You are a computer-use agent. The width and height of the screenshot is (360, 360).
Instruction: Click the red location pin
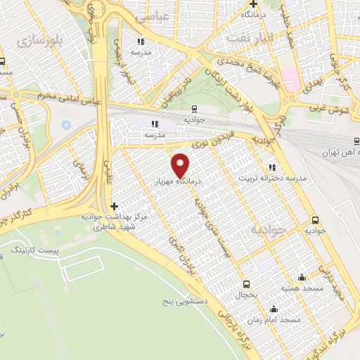(181, 165)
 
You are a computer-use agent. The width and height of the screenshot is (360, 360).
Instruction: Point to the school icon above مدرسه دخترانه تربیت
(272, 167)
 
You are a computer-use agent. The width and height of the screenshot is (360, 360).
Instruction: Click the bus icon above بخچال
(245, 283)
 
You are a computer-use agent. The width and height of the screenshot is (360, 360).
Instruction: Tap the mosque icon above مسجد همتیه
(302, 277)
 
